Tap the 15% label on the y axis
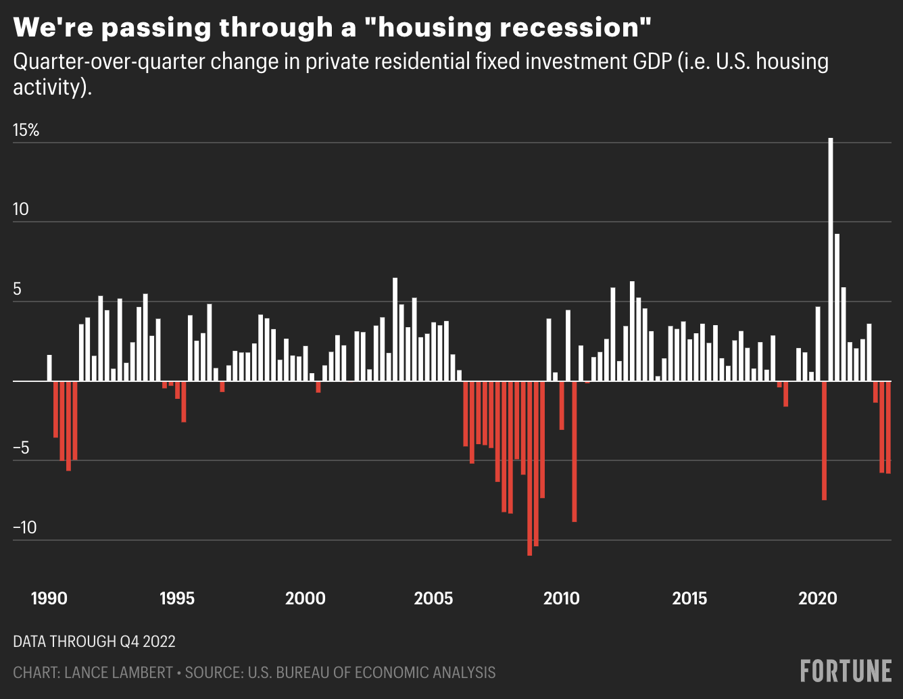tap(26, 130)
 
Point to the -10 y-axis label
tap(25, 528)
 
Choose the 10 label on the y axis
tap(21, 210)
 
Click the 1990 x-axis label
tap(49, 598)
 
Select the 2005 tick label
tap(433, 598)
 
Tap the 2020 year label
tap(818, 598)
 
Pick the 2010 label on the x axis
tap(562, 598)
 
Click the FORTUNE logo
tap(846, 671)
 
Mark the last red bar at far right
tap(888, 427)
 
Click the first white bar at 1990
tap(49, 368)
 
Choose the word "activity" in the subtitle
tap(47, 88)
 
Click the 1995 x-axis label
tap(177, 598)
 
